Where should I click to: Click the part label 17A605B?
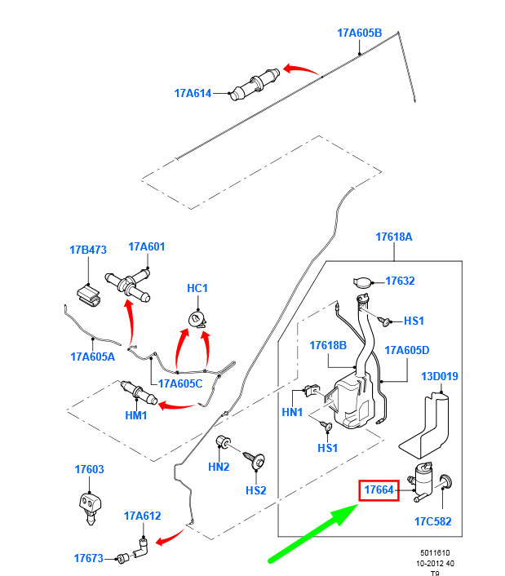359,33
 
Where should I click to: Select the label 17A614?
193,93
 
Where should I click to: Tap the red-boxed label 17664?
379,490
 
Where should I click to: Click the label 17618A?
394,237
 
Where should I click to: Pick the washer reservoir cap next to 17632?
362,281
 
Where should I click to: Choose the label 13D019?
440,376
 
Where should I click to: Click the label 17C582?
432,521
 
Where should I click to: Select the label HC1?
197,288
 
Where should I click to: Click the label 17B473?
88,250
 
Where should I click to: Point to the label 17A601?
147,246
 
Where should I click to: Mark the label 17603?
89,469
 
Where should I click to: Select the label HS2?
256,490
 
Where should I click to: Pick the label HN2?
219,467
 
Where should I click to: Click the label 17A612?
143,516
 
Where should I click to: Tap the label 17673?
88,558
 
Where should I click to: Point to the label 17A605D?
406,350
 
